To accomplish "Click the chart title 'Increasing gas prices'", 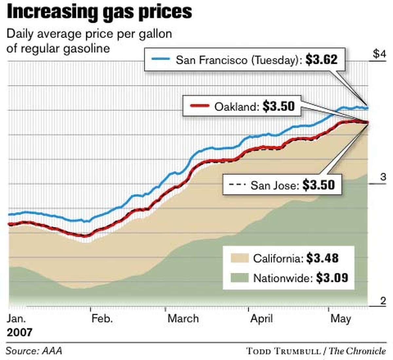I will [99, 12].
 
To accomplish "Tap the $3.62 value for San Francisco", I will [321, 59].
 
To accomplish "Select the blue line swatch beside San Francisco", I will [161, 59].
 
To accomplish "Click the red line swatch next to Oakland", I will [199, 106].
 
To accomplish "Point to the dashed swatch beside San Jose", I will [237, 185].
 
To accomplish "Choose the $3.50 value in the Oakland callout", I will [278, 106].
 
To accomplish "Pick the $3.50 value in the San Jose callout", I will [318, 185].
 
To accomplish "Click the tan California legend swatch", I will [239, 258].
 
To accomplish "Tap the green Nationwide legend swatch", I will [239, 278].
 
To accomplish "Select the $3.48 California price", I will [322, 258].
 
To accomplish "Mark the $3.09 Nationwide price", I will [332, 278].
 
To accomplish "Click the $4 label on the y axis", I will [380, 54].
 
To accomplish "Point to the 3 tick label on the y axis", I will [383, 177].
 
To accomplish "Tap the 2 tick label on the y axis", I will [383, 301].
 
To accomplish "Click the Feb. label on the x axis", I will [102, 318].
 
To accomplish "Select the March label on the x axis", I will [183, 318].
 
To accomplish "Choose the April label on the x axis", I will [261, 318].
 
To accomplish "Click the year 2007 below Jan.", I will [20, 332].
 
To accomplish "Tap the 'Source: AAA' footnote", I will [34, 351].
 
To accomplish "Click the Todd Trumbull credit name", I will [283, 351].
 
